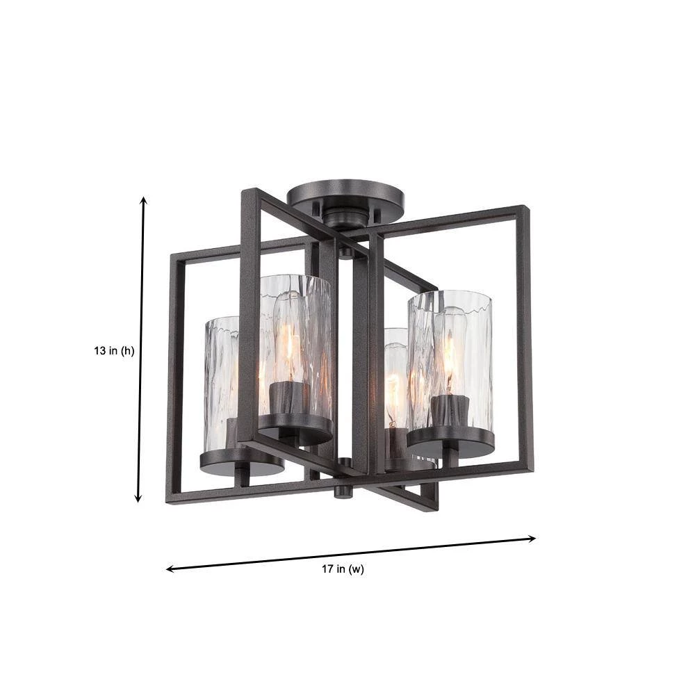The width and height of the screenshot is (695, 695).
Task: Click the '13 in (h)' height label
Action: (114, 351)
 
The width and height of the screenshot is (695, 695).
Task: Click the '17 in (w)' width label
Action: (343, 569)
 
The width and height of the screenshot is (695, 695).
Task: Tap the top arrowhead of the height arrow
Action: (143, 200)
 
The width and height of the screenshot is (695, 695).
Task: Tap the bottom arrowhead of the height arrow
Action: (138, 498)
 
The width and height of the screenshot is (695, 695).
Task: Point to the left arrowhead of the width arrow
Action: (170, 569)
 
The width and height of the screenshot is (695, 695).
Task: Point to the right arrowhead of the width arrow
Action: (532, 539)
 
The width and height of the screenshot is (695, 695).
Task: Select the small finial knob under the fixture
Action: (343, 491)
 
